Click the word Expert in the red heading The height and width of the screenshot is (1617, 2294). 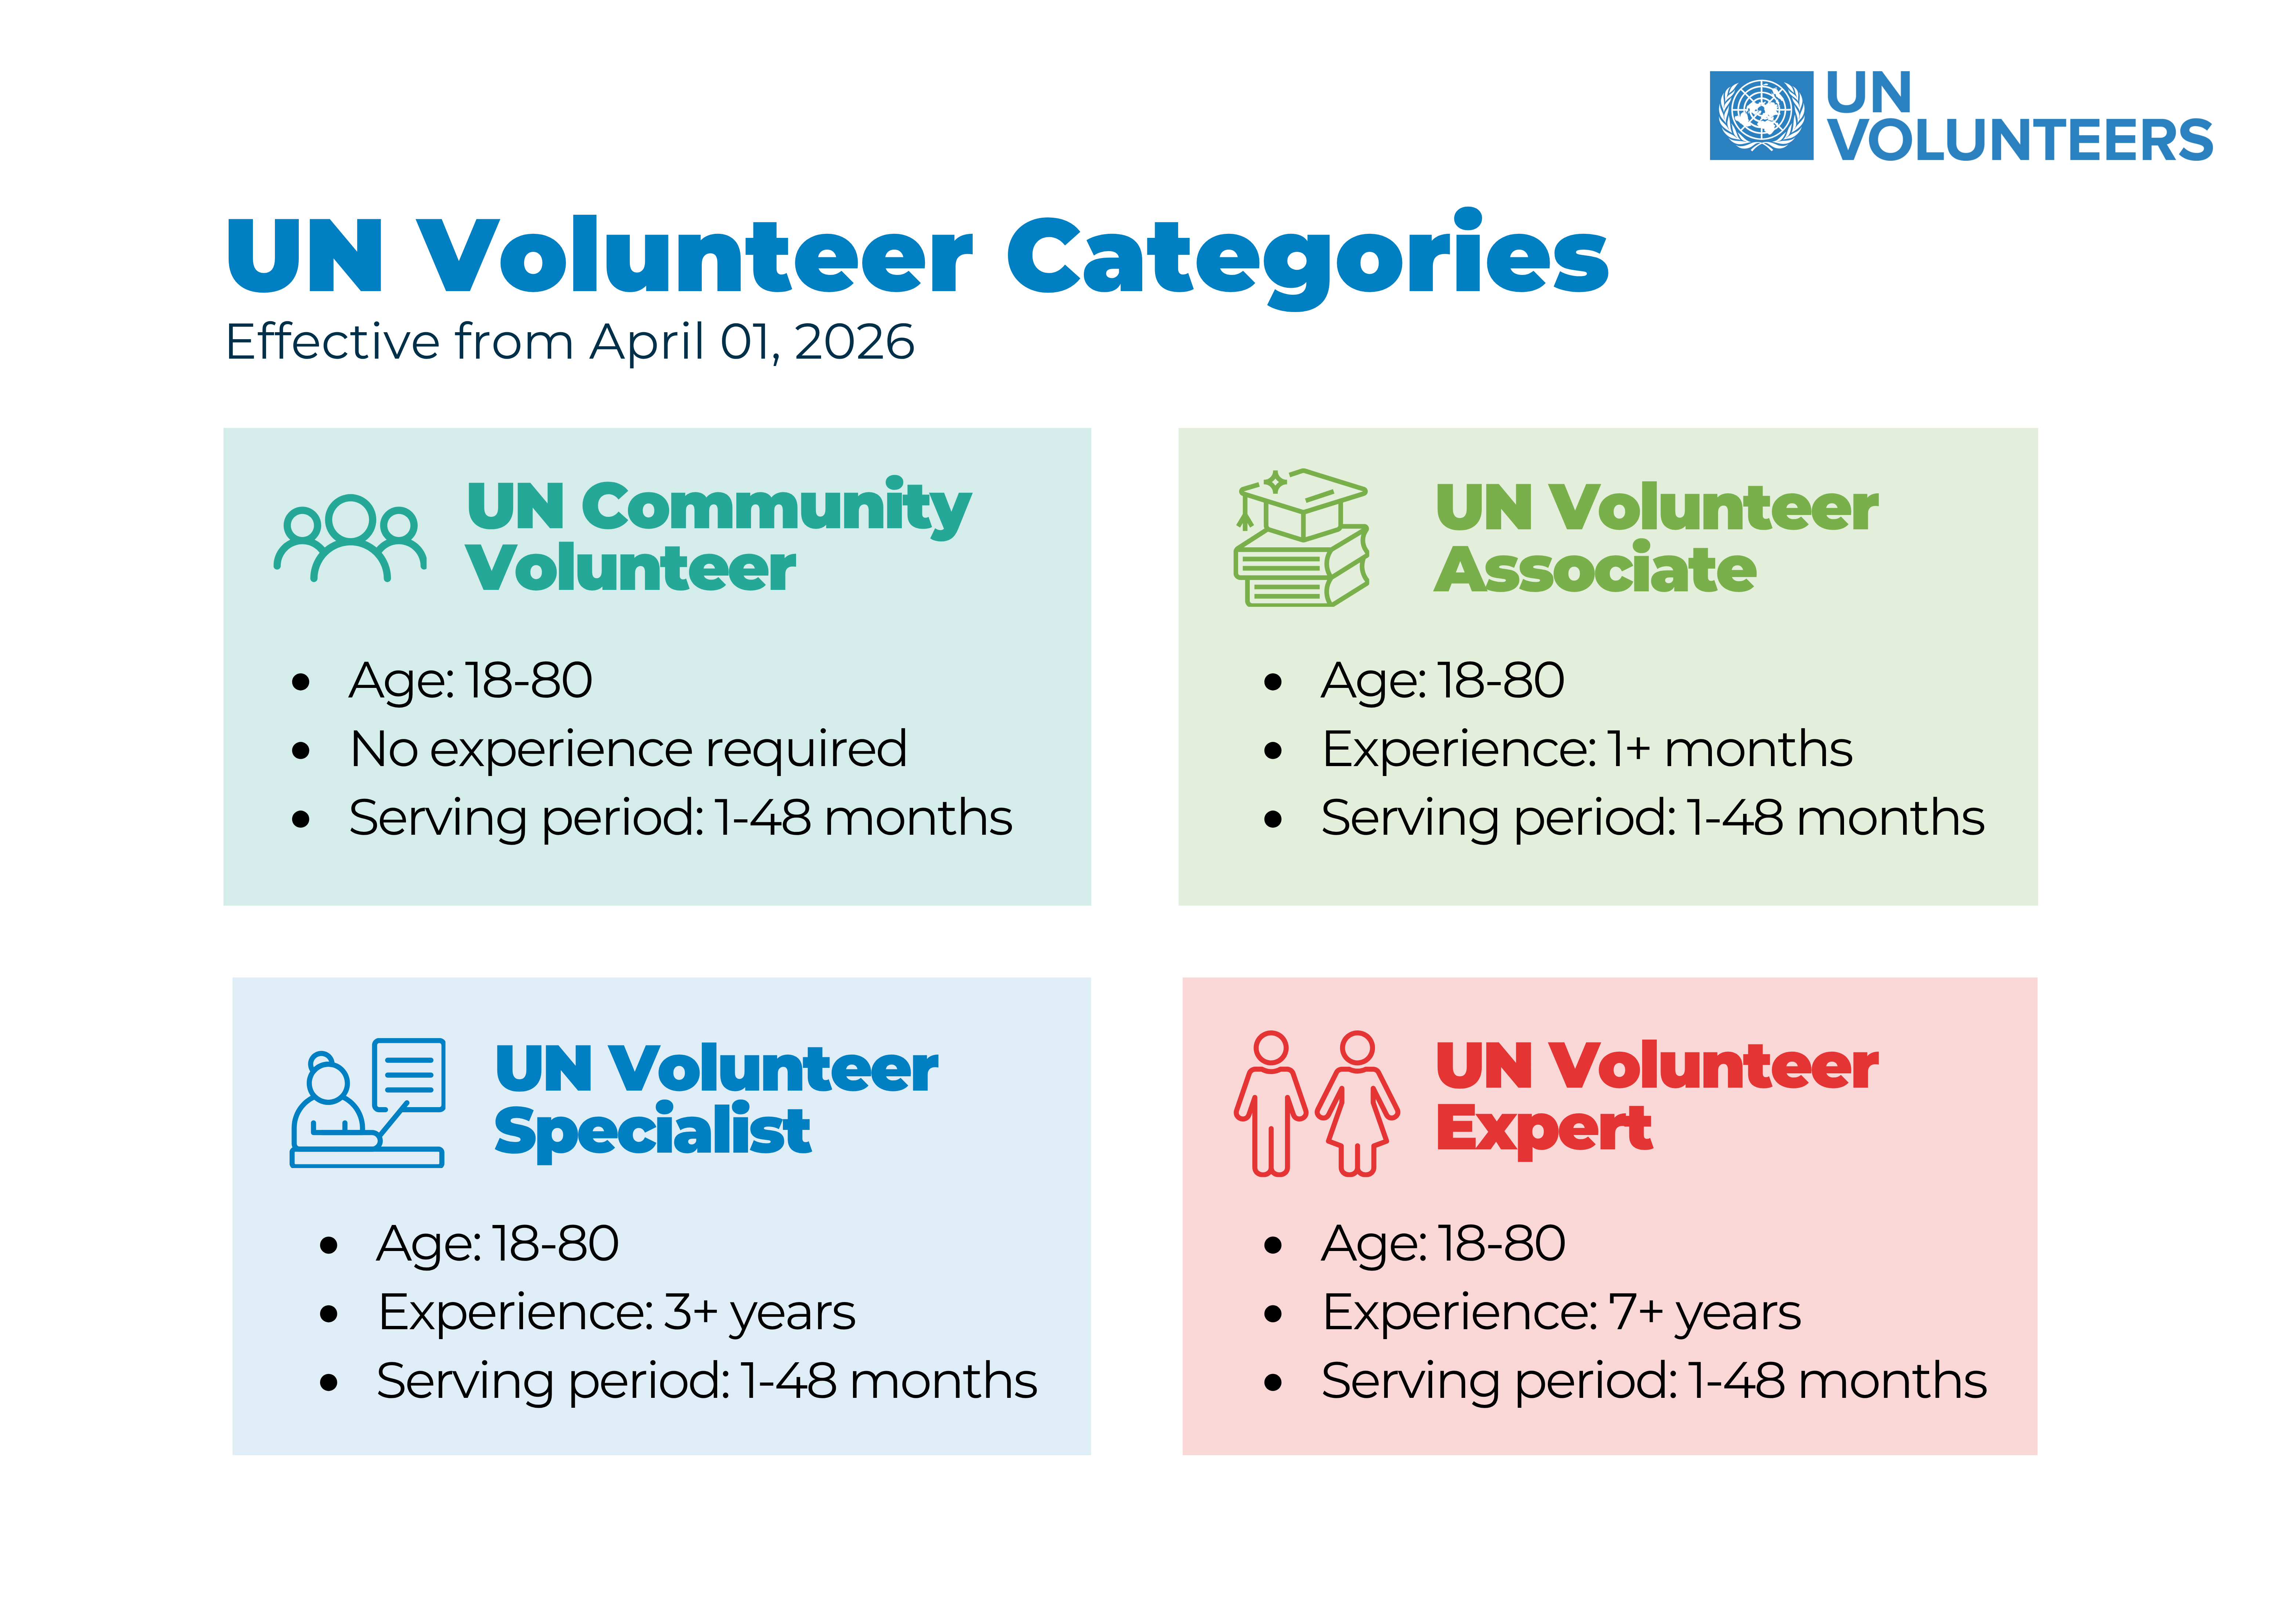coord(1544,1129)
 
